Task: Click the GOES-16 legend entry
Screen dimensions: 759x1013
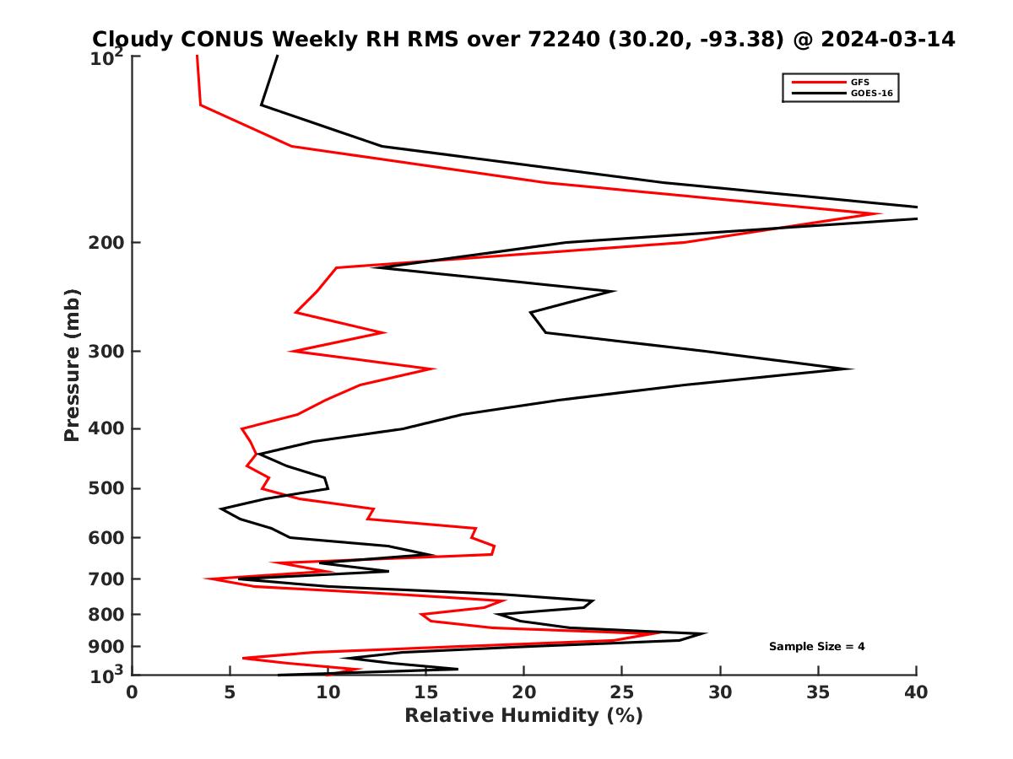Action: coord(871,93)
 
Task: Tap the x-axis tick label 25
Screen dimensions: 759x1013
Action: coord(622,692)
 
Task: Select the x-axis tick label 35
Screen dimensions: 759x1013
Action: coord(818,692)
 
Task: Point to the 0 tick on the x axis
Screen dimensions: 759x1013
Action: coord(132,692)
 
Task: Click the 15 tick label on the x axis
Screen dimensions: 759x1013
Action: coord(425,692)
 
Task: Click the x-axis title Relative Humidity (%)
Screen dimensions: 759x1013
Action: coord(523,716)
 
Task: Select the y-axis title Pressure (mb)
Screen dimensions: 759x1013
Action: coord(72,364)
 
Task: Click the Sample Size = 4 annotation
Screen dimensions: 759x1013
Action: coord(816,647)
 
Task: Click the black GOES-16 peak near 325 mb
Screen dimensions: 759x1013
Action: coord(852,369)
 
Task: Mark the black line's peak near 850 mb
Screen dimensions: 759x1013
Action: coord(705,633)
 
